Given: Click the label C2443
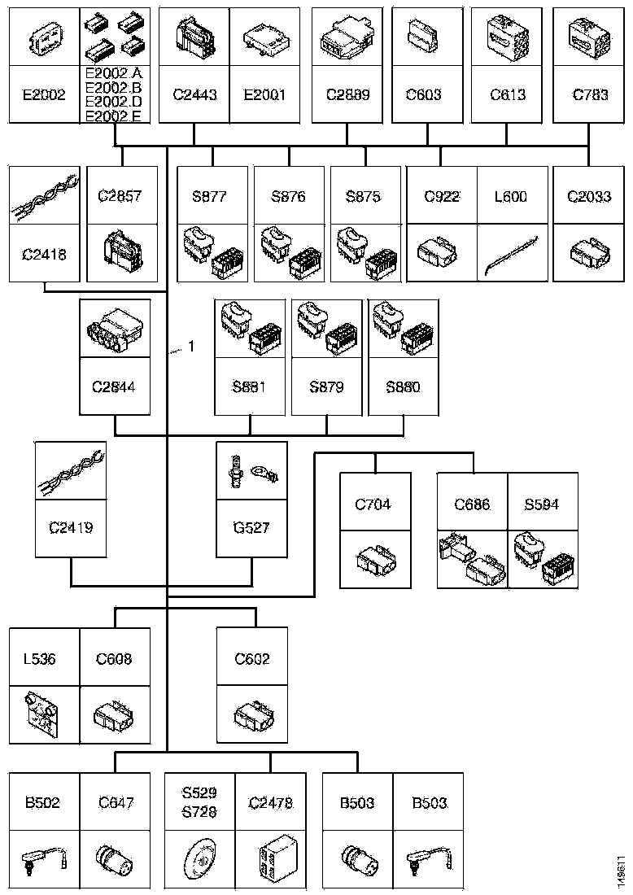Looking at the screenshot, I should point(194,94).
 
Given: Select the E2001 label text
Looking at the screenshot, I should point(264,94).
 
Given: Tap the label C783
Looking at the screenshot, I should point(590,94).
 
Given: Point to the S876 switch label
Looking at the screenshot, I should point(289,196).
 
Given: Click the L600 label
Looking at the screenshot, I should point(510,196).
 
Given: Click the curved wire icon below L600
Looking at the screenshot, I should point(510,254).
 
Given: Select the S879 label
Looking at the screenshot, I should point(326,386).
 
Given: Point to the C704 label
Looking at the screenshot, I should point(373,504).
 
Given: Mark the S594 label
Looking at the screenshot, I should point(542,504).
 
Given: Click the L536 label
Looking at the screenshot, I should point(39,659).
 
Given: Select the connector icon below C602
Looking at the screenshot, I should point(251,714).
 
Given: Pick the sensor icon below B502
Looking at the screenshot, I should point(42,859).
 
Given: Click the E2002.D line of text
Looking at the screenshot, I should point(113,103).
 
